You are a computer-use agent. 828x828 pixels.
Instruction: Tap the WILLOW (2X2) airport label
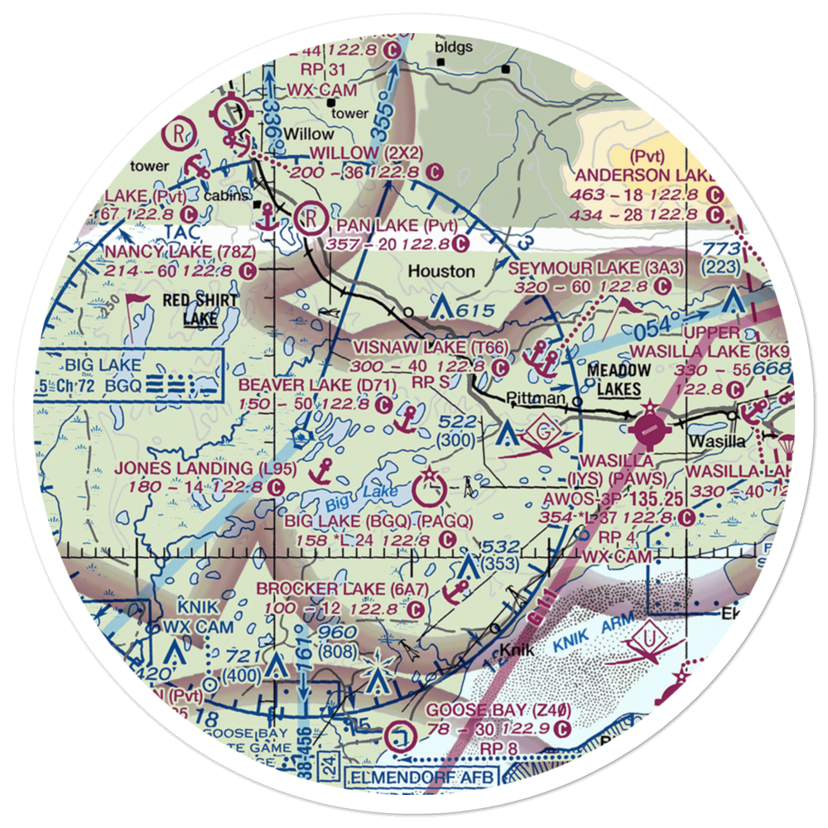pos(366,153)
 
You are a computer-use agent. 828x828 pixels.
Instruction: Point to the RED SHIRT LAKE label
pos(201,308)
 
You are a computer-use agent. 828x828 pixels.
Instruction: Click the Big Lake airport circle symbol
pos(431,489)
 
